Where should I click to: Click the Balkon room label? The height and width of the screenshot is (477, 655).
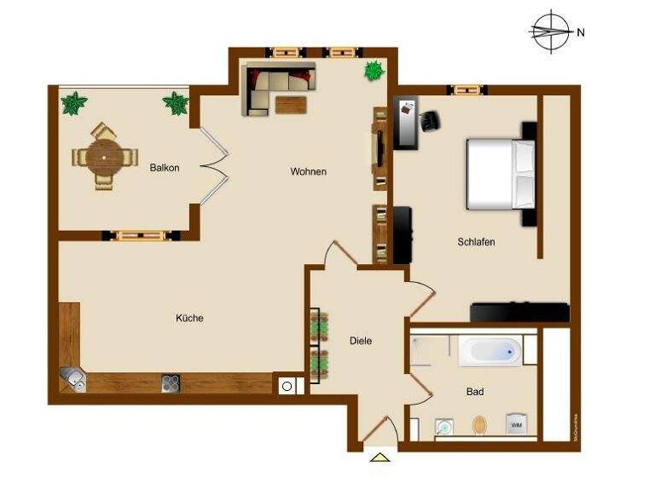point(165,168)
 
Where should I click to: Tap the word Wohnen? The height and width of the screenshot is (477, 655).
point(308,172)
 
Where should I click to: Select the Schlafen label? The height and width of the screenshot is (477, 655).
point(476,242)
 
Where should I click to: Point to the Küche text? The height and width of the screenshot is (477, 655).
point(189,318)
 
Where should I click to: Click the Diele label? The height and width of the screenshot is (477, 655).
point(361,341)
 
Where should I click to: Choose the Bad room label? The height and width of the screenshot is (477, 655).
point(475,392)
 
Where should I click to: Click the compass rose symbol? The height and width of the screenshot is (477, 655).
point(550,32)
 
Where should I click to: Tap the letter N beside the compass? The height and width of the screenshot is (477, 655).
point(581,33)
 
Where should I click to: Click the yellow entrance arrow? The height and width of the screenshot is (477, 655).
point(379,457)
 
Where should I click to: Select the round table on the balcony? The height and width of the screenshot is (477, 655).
point(104,157)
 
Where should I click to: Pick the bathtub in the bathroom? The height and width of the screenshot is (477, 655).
point(490,351)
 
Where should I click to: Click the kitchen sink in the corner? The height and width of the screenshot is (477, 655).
point(72,380)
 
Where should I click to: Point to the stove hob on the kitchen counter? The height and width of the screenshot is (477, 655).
point(171,382)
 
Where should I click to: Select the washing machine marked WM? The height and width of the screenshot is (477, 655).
point(515,423)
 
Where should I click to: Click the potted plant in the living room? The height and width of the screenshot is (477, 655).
point(374,71)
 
